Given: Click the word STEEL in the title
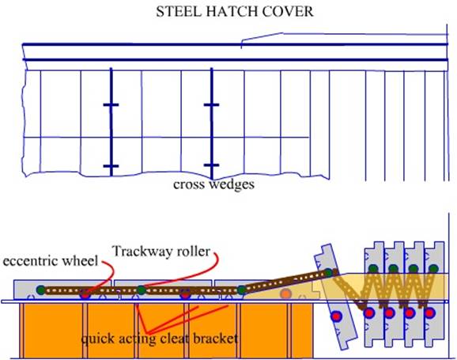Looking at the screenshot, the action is tap(179, 12).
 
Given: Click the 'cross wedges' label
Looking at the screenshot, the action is tap(213, 184).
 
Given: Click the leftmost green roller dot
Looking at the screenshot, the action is tap(41, 290).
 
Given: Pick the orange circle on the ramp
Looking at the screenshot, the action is tap(285, 294).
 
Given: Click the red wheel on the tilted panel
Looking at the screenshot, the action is tap(336, 316).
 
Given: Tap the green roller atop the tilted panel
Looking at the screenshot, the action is tap(328, 273).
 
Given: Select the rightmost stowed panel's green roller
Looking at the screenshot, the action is tap(434, 269).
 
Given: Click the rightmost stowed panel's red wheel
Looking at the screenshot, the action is tap(429, 313).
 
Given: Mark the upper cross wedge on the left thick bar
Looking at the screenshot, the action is tap(111, 104).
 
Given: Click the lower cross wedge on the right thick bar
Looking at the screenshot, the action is tap(211, 165).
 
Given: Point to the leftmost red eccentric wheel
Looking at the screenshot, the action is tap(85, 295).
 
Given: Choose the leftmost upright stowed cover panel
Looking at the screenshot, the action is tap(375, 294).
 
